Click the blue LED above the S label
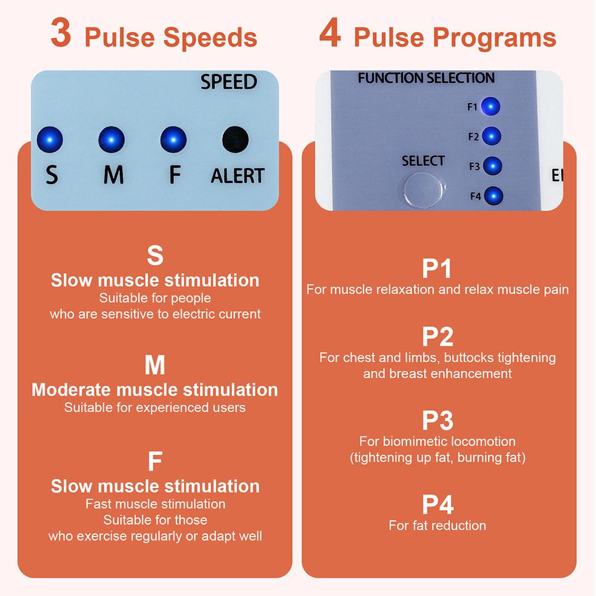tap(50, 139)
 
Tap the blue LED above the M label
tap(111, 139)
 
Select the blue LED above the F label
tap(173, 139)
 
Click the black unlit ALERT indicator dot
tap(235, 139)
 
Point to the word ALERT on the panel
tap(237, 176)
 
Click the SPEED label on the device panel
tap(228, 82)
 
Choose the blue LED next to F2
tap(491, 136)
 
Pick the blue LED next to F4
tap(493, 195)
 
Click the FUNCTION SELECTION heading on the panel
tap(426, 78)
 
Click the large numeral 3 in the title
tap(61, 34)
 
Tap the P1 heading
tap(437, 269)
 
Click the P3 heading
tap(437, 421)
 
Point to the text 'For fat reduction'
tap(437, 526)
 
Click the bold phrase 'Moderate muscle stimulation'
tap(155, 390)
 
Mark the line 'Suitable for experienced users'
tap(155, 408)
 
